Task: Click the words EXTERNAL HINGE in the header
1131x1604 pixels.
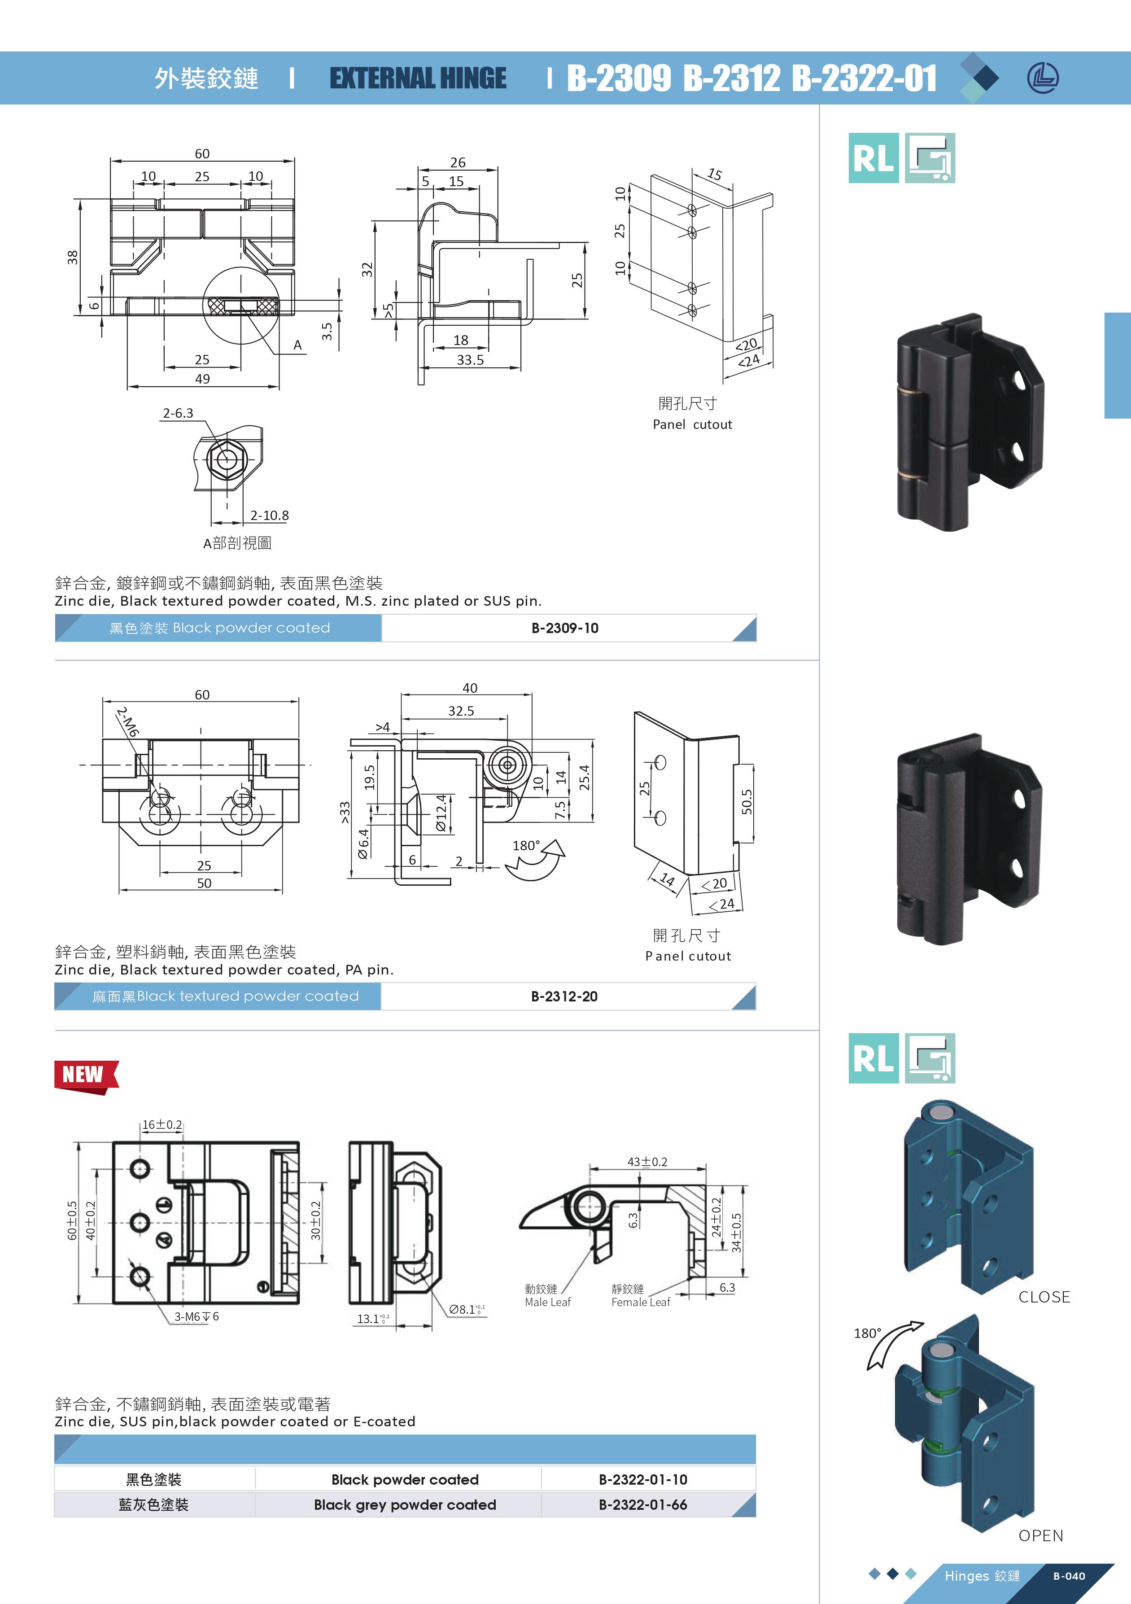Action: click(418, 78)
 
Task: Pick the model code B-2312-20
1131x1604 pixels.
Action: click(564, 996)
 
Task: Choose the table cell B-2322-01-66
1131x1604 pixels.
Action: click(643, 1505)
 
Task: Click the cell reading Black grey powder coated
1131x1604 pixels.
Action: click(405, 1505)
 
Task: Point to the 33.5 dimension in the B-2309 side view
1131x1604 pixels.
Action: click(470, 360)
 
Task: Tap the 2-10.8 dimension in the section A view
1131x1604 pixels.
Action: click(270, 516)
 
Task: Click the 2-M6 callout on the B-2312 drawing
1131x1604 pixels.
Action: click(128, 721)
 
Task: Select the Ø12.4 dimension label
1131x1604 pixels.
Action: click(441, 813)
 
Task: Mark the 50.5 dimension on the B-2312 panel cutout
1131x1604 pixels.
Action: click(747, 802)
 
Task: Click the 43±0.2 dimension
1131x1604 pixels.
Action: click(647, 1162)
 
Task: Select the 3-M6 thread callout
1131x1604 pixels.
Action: click(197, 1316)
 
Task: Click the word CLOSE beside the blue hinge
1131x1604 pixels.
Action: click(1044, 1297)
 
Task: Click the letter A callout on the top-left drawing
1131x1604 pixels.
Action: click(297, 345)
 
